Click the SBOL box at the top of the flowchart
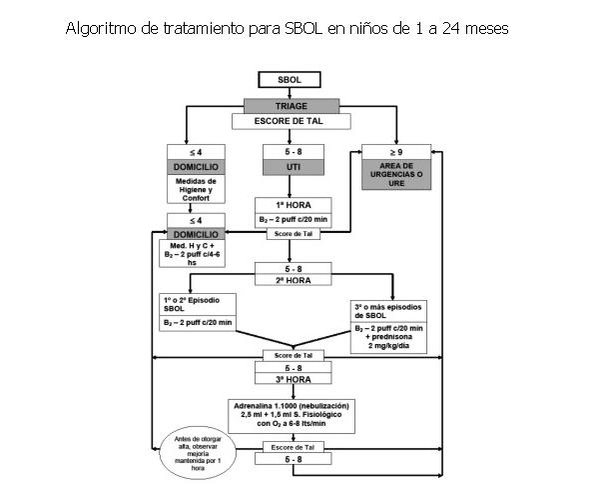tap(289, 80)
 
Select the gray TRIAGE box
tap(289, 103)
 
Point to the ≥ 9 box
tap(396, 152)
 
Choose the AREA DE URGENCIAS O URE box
tap(396, 173)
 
